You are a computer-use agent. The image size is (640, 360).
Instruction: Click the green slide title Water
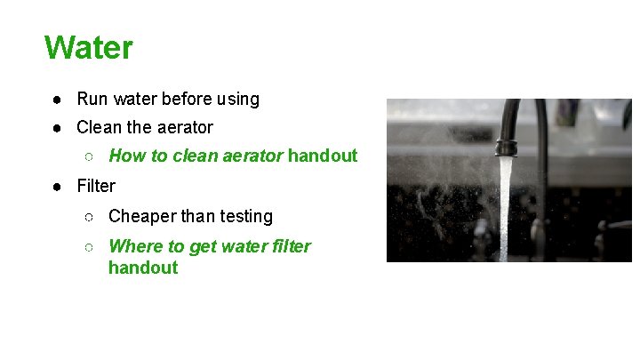tap(88, 47)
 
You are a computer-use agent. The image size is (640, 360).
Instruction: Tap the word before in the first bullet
tap(186, 99)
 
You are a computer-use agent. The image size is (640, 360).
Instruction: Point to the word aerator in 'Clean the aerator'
tap(183, 127)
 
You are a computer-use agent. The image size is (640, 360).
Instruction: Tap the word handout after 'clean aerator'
tap(323, 156)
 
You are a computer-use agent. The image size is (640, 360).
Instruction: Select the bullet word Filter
tap(96, 186)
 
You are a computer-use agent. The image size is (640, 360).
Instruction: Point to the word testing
tap(244, 216)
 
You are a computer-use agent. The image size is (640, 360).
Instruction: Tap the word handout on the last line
tap(143, 268)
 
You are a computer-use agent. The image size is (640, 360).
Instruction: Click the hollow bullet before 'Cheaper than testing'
tap(90, 216)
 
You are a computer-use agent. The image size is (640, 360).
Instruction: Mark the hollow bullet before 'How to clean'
tap(90, 156)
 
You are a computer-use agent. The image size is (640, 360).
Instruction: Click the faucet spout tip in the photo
tap(506, 148)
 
